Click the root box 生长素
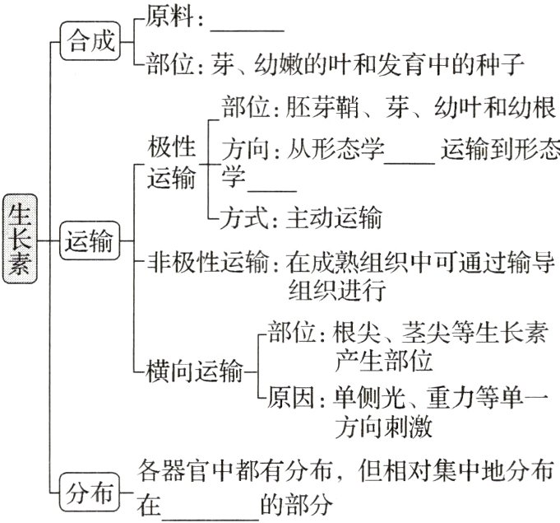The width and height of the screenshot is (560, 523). [18, 239]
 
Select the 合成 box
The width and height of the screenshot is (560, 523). [90, 40]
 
